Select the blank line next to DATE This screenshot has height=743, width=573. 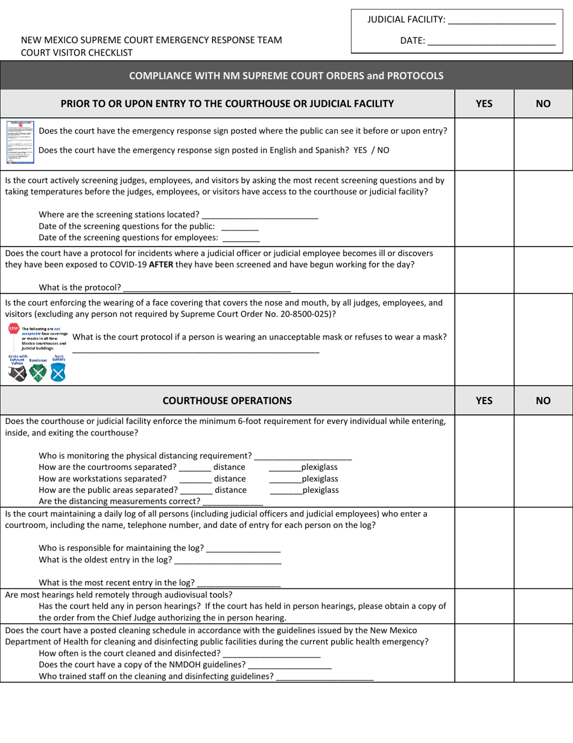[x=491, y=42]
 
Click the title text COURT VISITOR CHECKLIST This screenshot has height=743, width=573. [x=77, y=53]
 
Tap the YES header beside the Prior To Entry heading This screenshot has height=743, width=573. [x=484, y=103]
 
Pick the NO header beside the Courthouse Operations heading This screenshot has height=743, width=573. [x=543, y=400]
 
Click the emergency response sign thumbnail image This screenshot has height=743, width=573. [x=20, y=135]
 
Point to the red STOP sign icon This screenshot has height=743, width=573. [x=13, y=329]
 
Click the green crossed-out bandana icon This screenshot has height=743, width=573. [x=37, y=374]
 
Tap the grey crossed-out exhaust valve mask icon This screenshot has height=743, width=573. [x=17, y=374]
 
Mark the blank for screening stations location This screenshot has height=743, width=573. [x=260, y=215]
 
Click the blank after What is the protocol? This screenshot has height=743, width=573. [x=206, y=287]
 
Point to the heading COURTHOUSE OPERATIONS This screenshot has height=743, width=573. [x=227, y=400]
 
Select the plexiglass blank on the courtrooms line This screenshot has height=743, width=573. [x=284, y=468]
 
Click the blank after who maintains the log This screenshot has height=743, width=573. [x=243, y=548]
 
